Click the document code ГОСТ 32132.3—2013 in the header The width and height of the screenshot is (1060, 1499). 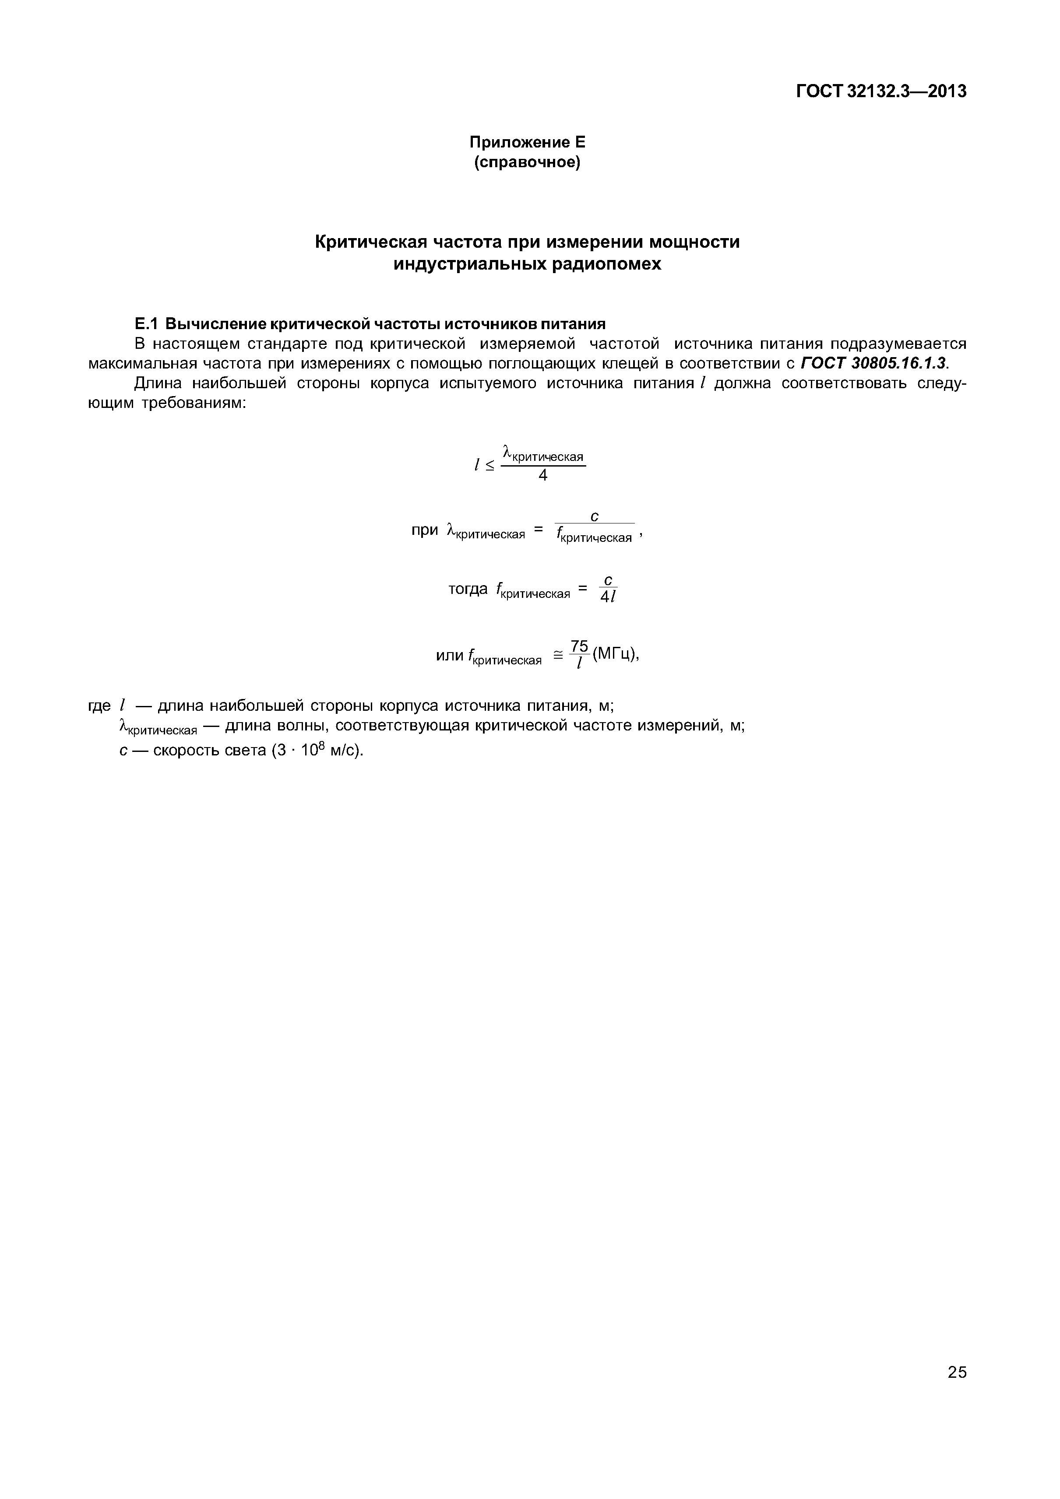(x=880, y=92)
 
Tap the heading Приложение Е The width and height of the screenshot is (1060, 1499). (x=528, y=142)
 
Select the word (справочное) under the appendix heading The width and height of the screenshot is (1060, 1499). (x=527, y=162)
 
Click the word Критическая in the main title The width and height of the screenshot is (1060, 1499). (x=371, y=242)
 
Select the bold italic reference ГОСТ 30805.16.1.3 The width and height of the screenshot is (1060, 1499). (x=873, y=363)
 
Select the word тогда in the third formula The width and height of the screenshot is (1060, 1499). (x=468, y=590)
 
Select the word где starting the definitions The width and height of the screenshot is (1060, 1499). (x=99, y=706)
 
